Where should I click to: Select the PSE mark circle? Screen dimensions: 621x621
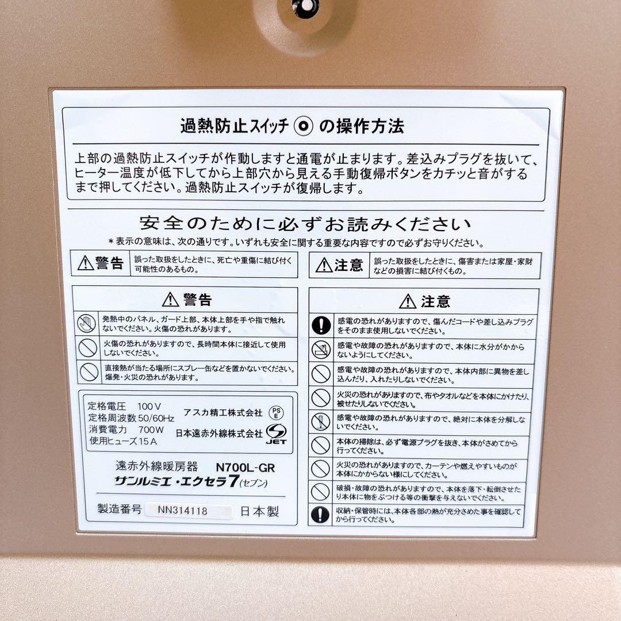coord(276,413)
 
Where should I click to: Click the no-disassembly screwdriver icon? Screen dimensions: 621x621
coord(320,421)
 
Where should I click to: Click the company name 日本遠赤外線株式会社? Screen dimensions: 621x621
coord(218,433)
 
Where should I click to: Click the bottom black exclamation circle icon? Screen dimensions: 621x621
coord(320,514)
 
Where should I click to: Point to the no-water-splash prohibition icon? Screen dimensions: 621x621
coord(320,350)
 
